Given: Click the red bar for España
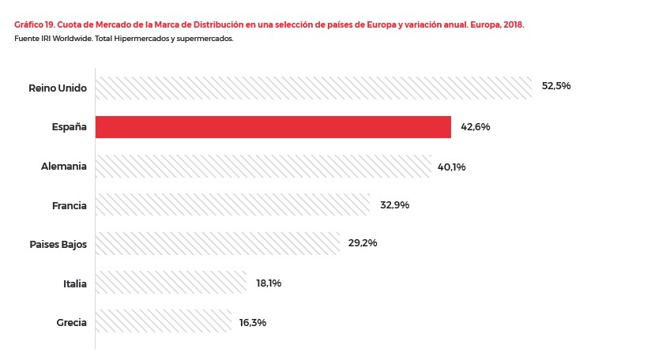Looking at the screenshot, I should pos(273,127).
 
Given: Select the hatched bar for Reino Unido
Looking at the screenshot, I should pos(313,88).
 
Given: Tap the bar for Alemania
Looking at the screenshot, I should pos(263,166).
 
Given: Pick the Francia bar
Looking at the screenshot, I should pos(232,204).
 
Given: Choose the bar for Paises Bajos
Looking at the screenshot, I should pos(217,243).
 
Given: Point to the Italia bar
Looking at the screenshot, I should pos(171,283).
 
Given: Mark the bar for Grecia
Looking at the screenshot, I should pos(164,322).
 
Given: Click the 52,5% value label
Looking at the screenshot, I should pos(556,86).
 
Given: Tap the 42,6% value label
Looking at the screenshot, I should pos(476,126).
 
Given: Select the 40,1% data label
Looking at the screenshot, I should pos(451,167).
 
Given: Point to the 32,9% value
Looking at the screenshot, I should pos(394,205).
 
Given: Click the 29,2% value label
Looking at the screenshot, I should pos(363,243).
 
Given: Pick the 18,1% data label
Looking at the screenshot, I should pos(269,283).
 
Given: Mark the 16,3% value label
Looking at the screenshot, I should pos(253,322).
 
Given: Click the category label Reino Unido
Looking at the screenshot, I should pos(57,87).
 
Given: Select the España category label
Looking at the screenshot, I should pos(70,127).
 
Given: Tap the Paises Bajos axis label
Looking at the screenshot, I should pos(58,244).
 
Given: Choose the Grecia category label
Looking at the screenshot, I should pos(71,322).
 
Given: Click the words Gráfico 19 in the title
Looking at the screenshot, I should pos(34,25).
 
